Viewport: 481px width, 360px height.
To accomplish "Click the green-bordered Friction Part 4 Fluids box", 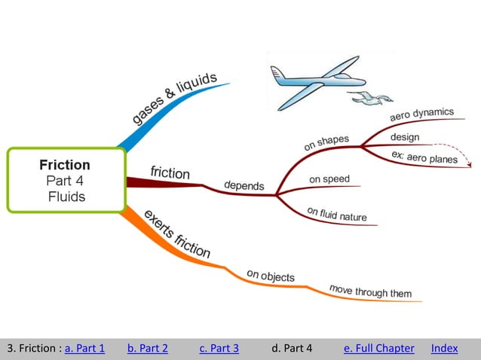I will pos(66,180).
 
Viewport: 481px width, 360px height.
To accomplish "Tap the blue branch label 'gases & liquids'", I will pos(175,99).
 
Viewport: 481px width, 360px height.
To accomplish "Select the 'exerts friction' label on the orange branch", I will pos(176,233).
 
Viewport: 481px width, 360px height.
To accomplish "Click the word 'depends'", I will pos(244,185).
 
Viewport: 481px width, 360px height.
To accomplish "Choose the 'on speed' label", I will pos(329,179).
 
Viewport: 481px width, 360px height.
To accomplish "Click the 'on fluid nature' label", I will pos(337,215).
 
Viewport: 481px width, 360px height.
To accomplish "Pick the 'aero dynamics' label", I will pos(421,115).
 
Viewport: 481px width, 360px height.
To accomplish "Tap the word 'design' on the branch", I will pos(405,137).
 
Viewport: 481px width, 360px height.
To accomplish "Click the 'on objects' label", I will pos(271,276).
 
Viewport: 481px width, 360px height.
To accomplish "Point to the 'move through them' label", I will pos(370,291).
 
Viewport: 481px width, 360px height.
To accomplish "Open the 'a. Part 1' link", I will pos(84,348).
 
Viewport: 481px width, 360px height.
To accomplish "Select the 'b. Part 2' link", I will pos(148,348).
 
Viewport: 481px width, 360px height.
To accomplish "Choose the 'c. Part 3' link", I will pos(219,348).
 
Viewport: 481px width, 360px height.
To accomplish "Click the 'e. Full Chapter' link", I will pos(378,348).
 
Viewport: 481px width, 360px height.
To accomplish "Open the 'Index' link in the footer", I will pos(444,348).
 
